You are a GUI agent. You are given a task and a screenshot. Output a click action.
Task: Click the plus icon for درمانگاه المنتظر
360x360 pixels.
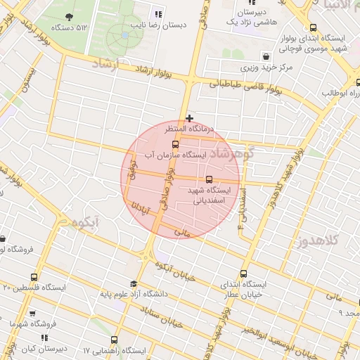pos(189,118)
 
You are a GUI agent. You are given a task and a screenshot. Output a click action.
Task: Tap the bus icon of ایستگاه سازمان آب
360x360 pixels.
pos(175,143)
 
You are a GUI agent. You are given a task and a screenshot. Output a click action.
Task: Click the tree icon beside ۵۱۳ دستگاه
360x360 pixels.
pos(69,16)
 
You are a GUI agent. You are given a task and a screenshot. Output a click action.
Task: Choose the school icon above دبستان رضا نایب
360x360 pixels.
pos(157,13)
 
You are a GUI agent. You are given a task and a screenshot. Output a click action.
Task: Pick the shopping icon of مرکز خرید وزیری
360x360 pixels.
pos(266,56)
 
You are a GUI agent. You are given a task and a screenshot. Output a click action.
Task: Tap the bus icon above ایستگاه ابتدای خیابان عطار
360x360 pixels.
pos(244,274)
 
